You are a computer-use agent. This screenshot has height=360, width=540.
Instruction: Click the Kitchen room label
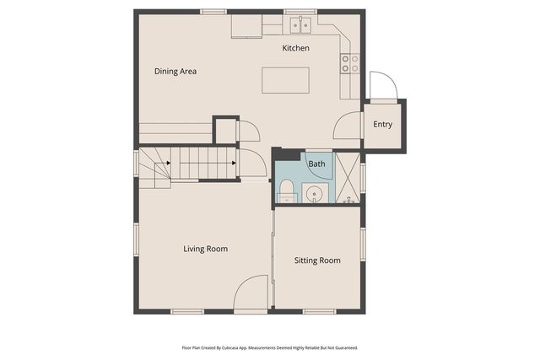(x=295, y=48)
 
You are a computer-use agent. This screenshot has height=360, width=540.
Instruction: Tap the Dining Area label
(x=175, y=72)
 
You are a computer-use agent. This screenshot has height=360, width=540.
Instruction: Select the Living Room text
(x=206, y=249)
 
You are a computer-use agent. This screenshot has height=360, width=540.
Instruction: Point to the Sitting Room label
(x=317, y=261)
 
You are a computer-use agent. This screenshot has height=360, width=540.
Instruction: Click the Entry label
(x=382, y=125)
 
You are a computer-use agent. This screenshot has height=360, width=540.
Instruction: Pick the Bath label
(x=316, y=164)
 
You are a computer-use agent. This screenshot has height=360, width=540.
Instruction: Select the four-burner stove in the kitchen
(x=349, y=63)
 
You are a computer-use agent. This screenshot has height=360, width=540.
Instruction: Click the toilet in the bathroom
(x=287, y=189)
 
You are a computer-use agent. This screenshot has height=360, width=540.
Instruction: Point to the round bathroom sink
(x=315, y=194)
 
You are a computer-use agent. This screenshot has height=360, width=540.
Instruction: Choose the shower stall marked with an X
(x=347, y=178)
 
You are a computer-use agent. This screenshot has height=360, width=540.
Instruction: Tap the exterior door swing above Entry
(x=382, y=85)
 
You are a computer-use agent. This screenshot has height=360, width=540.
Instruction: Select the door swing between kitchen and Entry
(x=348, y=126)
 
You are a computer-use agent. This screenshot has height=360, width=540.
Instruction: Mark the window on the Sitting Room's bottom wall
(x=320, y=312)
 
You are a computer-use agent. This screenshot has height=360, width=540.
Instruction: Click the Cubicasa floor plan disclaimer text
(x=270, y=347)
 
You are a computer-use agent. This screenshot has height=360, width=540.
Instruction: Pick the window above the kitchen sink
(x=300, y=12)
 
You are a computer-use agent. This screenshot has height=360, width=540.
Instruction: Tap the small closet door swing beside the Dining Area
(x=247, y=132)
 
